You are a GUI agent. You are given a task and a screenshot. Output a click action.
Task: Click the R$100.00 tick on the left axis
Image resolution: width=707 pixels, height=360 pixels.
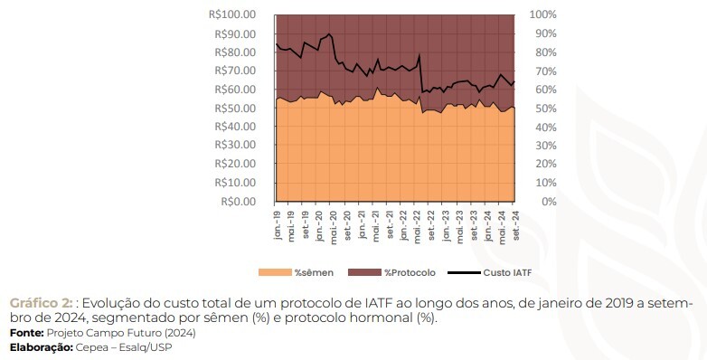[x=232, y=14]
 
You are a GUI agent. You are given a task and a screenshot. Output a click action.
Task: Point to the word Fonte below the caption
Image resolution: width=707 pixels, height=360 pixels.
[x=26, y=333]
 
